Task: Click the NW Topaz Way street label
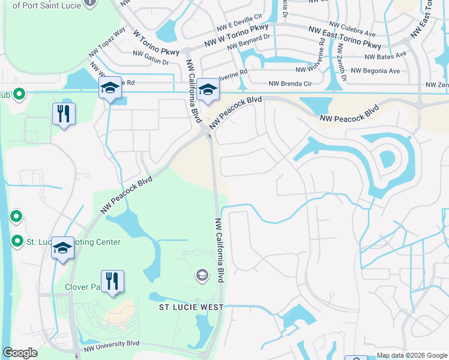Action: (106, 44)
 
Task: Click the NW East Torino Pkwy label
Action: (345, 37)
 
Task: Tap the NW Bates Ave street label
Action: (386, 56)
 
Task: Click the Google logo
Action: (20, 353)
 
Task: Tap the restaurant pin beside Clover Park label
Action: (112, 283)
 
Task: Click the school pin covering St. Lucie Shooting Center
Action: (62, 249)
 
